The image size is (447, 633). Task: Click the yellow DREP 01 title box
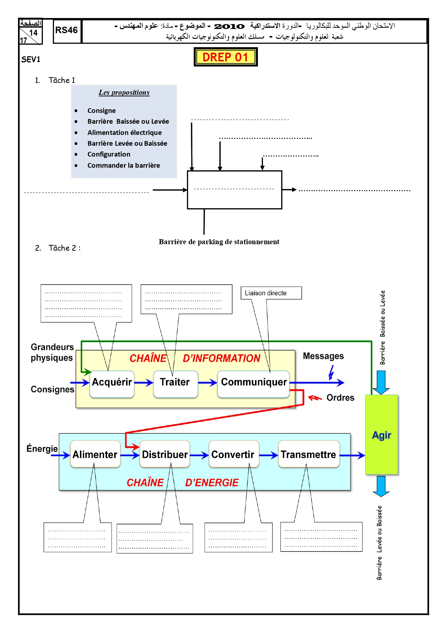click(x=225, y=57)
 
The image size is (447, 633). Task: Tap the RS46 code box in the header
click(x=67, y=31)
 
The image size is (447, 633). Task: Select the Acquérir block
click(x=112, y=384)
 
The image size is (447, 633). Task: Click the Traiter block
click(x=175, y=384)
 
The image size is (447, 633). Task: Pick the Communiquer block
click(x=254, y=384)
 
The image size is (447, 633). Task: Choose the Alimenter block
click(x=95, y=454)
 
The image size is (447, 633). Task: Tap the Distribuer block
click(x=165, y=454)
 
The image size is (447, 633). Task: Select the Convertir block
click(x=234, y=454)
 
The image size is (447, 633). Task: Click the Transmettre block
click(x=309, y=454)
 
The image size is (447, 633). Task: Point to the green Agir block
click(x=381, y=434)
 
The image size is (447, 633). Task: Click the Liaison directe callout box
click(x=271, y=293)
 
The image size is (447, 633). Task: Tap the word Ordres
click(x=340, y=397)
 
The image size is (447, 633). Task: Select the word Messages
click(x=323, y=356)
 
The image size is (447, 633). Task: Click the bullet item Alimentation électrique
click(x=125, y=132)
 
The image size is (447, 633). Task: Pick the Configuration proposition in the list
click(x=109, y=154)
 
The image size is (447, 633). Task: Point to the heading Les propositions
click(x=124, y=92)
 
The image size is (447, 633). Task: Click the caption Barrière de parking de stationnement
click(x=219, y=242)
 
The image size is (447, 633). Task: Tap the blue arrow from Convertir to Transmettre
click(x=269, y=456)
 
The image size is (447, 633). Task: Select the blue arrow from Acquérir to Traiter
click(x=144, y=383)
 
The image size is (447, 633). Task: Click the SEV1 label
click(x=31, y=60)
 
